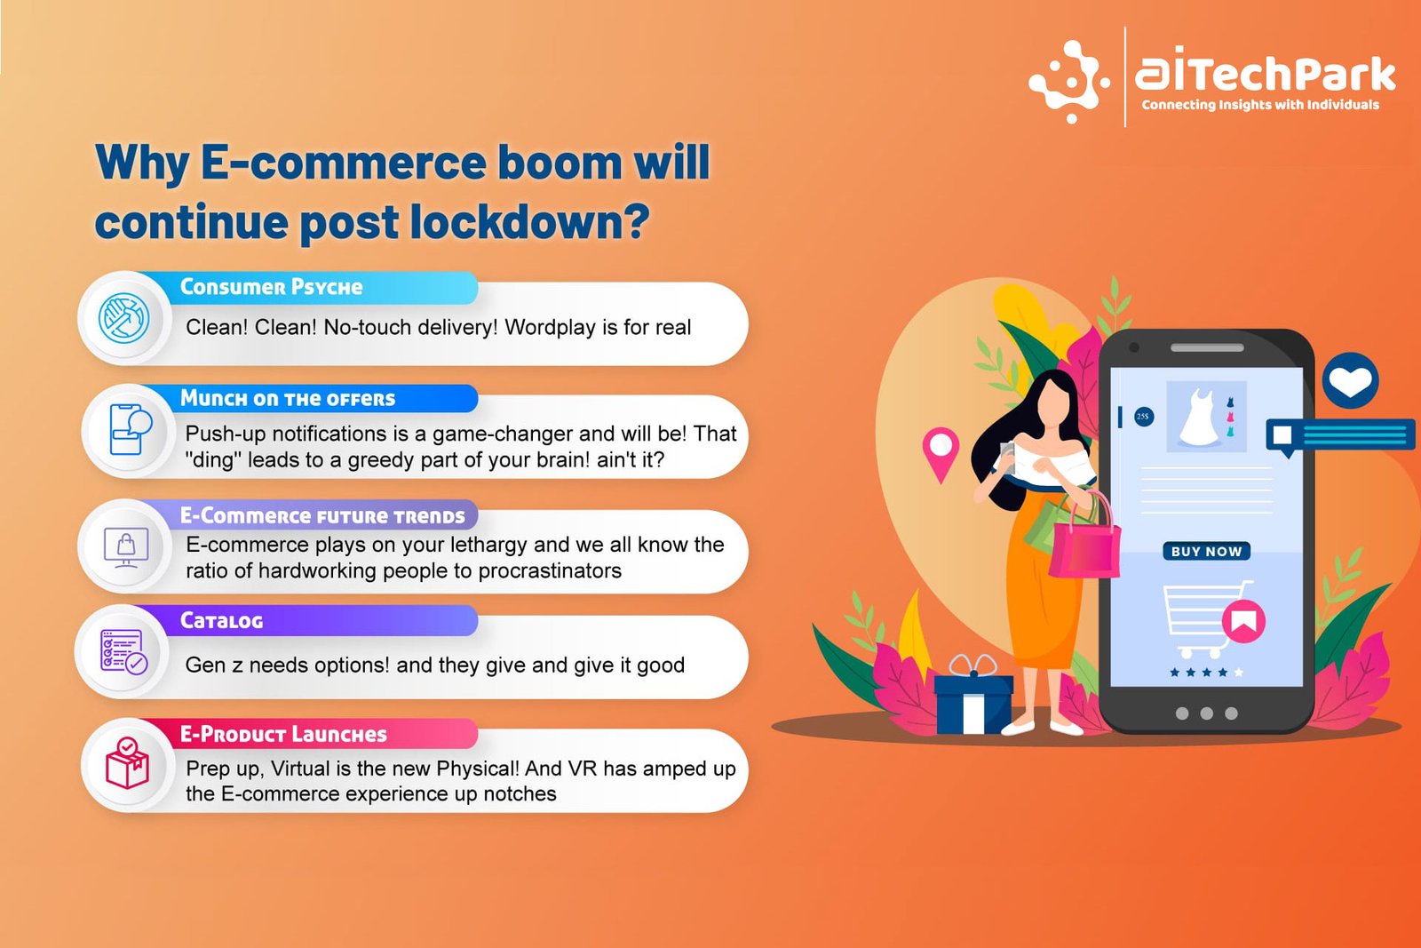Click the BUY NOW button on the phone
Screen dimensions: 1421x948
1207,551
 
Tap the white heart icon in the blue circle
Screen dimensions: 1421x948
1350,381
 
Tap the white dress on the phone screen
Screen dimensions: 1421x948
1198,417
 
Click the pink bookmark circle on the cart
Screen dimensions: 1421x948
1243,621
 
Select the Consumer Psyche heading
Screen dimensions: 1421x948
272,287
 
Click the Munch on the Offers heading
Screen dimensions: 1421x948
288,399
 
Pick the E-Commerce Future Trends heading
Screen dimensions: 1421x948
322,516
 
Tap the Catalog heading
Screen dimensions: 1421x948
221,620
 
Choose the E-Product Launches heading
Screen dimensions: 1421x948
283,734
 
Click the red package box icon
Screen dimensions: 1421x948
127,762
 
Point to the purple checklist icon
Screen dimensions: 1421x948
123,651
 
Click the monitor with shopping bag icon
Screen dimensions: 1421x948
126,547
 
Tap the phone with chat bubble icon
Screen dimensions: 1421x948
130,430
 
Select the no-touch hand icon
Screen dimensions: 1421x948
124,318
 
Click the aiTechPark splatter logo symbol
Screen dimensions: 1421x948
1069,81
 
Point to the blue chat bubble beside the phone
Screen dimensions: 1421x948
1340,436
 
